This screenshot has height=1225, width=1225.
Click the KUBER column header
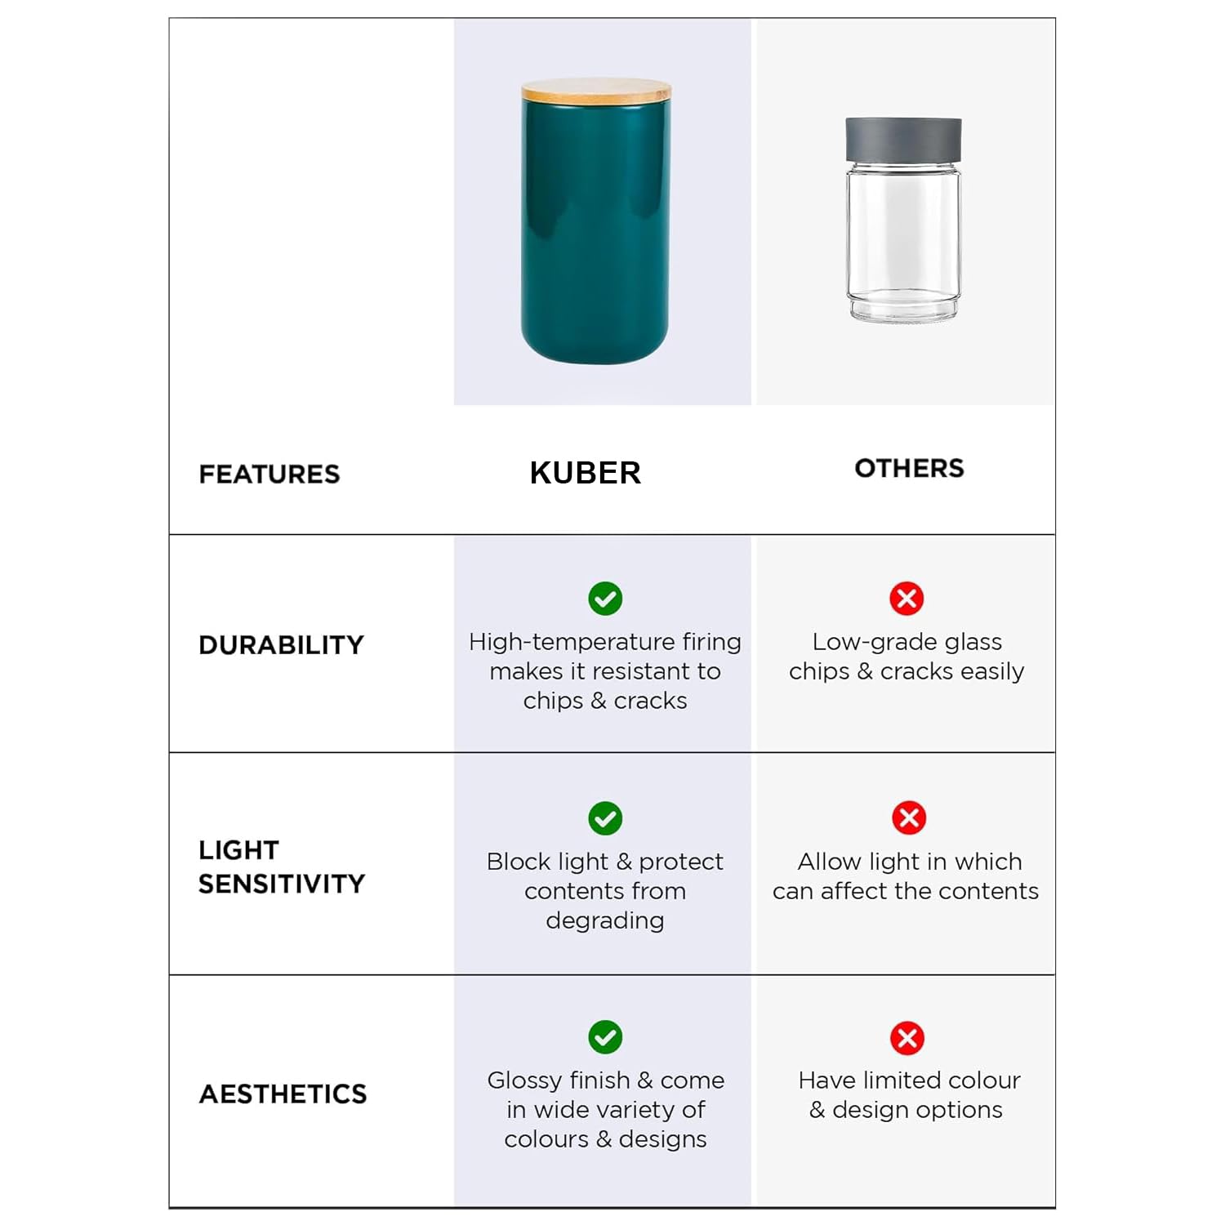tap(585, 473)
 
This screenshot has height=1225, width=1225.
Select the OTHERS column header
tap(909, 468)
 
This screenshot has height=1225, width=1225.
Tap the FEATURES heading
tap(269, 474)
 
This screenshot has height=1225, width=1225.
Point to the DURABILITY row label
tap(281, 644)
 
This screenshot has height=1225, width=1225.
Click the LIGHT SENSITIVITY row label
tap(281, 866)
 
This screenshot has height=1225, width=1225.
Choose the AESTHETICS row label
tap(283, 1094)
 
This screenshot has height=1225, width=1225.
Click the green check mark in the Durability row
tap(605, 599)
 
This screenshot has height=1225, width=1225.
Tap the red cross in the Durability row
tap(906, 599)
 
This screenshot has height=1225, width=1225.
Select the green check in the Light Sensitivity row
tap(605, 818)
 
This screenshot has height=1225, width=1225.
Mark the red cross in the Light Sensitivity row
tap(908, 817)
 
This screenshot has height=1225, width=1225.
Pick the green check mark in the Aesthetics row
tap(605, 1037)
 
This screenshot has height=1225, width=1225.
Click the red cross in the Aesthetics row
tap(907, 1038)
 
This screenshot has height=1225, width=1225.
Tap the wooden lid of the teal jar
tap(596, 90)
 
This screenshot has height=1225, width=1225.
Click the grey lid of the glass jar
tap(903, 139)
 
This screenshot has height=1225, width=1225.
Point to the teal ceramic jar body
tap(595, 237)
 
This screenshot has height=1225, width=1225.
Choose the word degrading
tap(604, 920)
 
